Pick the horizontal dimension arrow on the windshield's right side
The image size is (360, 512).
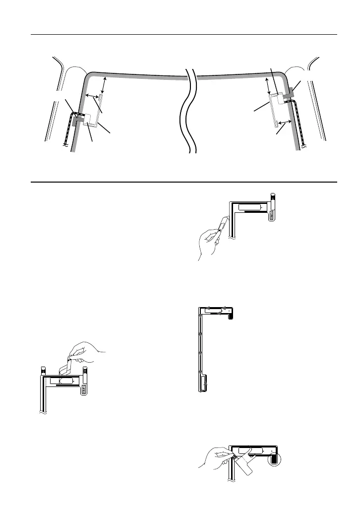[284, 122]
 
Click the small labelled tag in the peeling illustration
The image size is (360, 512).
[84, 389]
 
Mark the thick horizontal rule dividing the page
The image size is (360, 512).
[183, 182]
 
